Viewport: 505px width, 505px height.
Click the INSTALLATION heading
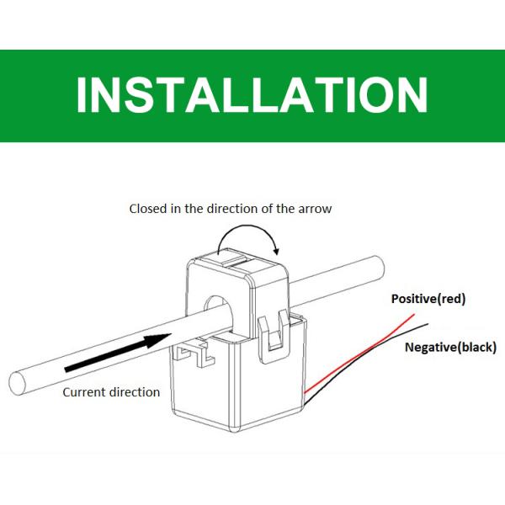[252, 95]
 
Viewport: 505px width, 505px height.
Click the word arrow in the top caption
[315, 210]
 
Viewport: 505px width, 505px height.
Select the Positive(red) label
[428, 299]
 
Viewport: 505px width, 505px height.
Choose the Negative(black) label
[450, 347]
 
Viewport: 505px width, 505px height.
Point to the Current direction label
[111, 392]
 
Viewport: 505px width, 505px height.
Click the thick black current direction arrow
[118, 353]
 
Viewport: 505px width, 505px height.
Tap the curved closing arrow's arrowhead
[275, 250]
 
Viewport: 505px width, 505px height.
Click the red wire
[359, 353]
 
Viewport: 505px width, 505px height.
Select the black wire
[365, 362]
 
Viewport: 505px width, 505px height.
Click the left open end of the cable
[17, 384]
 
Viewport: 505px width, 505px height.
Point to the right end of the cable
[380, 268]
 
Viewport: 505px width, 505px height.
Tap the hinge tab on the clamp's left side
[194, 353]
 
